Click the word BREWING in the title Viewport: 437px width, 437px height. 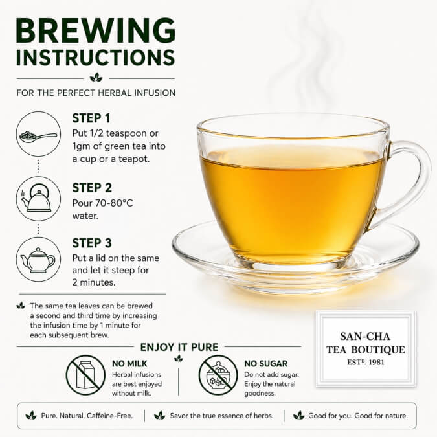click(x=96, y=30)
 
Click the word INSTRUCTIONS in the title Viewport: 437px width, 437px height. click(x=96, y=58)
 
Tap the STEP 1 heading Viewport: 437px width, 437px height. click(x=91, y=118)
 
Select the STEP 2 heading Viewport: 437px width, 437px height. click(x=92, y=188)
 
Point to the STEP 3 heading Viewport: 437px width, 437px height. click(x=92, y=243)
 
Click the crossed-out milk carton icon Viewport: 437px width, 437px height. click(x=85, y=375)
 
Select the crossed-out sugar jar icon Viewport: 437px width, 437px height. click(x=218, y=375)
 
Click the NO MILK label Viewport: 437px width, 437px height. click(x=129, y=364)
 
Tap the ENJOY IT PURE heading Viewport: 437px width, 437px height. click(x=179, y=347)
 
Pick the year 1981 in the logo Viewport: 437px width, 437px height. click(x=376, y=363)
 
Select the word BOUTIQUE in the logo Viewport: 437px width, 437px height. click(x=377, y=350)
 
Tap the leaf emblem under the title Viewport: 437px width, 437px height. click(x=96, y=77)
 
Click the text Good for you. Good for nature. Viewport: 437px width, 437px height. click(x=358, y=416)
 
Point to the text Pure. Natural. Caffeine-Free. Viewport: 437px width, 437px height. click(x=87, y=416)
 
